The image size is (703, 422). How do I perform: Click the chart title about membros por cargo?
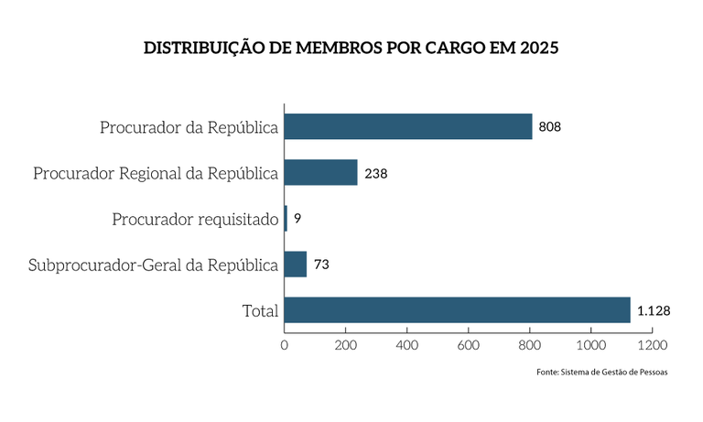(351, 48)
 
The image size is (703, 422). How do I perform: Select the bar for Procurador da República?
(408, 126)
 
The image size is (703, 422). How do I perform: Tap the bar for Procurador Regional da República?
(320, 172)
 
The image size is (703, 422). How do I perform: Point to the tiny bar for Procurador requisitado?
(286, 218)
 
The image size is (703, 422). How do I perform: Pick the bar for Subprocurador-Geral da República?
(296, 264)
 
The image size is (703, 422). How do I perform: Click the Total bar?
(457, 309)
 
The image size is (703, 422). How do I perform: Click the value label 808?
(549, 126)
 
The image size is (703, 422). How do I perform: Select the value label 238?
(375, 172)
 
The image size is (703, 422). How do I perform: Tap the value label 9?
(297, 218)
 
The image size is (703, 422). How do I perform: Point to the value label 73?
(321, 264)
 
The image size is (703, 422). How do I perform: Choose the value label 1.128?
(654, 310)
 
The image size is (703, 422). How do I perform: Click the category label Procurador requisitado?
(195, 219)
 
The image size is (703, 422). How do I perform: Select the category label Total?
(260, 311)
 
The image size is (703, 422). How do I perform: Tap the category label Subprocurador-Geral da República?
(153, 265)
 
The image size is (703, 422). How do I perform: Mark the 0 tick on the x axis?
(285, 345)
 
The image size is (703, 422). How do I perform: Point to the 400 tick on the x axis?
(407, 345)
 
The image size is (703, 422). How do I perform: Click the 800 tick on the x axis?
(530, 345)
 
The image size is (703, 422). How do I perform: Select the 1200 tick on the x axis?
(653, 345)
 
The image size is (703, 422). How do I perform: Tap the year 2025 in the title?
(537, 48)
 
